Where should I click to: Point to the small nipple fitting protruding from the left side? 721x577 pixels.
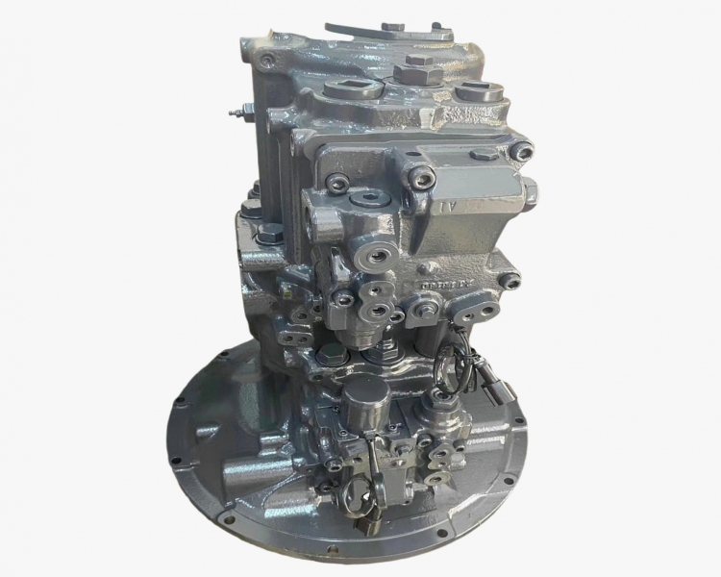[x=234, y=113]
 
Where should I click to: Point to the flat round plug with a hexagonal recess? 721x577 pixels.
[x=367, y=201]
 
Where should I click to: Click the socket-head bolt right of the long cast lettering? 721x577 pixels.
[x=512, y=281]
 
